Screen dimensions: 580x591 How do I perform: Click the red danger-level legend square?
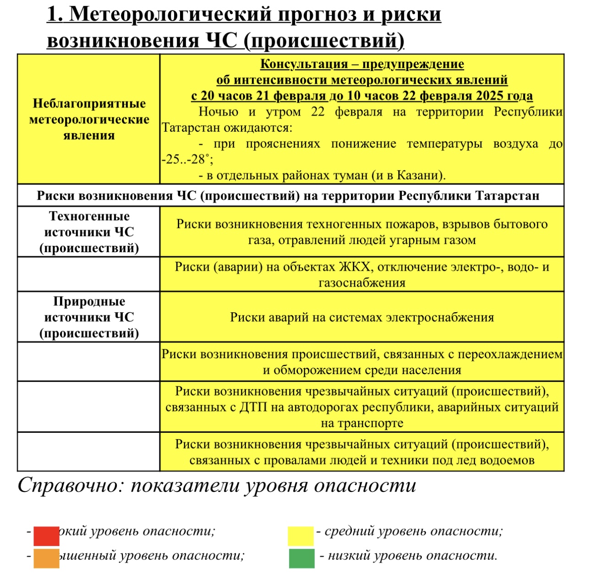[x=46, y=536]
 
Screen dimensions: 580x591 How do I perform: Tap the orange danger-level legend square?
[x=46, y=558]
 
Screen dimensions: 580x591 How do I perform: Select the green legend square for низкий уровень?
[x=301, y=558]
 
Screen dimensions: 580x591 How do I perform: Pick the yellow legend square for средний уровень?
[x=301, y=536]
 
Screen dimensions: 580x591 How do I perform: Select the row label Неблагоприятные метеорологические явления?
[x=89, y=119]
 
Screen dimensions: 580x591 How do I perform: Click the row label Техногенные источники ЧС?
[x=89, y=232]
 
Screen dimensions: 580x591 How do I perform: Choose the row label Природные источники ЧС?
[x=89, y=317]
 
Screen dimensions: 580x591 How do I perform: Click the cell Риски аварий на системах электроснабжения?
[x=362, y=317]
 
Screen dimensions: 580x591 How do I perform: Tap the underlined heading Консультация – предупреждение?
[x=362, y=64]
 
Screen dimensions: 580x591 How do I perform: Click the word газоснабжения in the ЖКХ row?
[x=362, y=283]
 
